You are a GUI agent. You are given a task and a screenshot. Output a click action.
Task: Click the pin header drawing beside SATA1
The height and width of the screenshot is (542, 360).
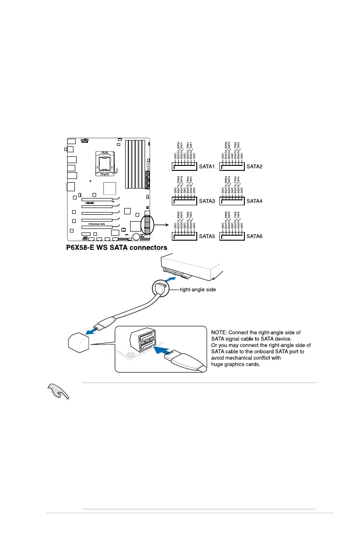pos(185,166)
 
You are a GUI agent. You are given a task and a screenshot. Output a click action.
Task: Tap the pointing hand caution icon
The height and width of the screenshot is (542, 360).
pos(58,390)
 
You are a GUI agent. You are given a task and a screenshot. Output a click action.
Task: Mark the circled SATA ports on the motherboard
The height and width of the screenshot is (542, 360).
pos(147,225)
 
